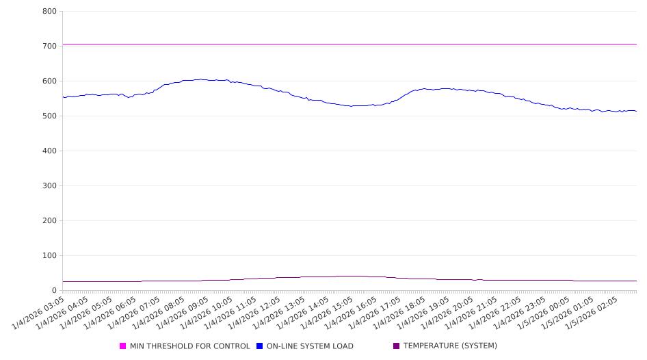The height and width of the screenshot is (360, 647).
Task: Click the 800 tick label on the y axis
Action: [49, 12]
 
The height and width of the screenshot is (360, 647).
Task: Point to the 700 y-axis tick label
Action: [49, 47]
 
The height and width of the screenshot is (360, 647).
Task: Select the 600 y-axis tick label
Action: [49, 81]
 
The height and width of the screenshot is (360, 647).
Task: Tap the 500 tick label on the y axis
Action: [49, 116]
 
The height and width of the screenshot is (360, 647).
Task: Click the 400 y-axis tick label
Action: [49, 151]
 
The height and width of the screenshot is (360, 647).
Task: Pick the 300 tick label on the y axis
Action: [49, 186]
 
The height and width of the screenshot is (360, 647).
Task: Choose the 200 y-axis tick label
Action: [49, 221]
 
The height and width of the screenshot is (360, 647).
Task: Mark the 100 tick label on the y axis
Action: [49, 256]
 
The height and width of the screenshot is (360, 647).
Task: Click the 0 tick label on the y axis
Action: [54, 291]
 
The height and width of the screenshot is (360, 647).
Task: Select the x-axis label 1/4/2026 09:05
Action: [184, 312]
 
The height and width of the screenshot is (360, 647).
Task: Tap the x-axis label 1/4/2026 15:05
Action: [328, 312]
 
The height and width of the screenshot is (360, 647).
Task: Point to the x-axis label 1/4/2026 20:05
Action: [447, 312]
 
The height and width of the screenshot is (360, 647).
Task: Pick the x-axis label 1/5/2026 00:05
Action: [543, 312]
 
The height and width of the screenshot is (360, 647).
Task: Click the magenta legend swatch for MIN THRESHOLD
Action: [123, 346]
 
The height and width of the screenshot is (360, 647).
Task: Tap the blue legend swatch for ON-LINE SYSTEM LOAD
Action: [260, 346]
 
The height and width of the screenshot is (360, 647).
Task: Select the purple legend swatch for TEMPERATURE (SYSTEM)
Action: [397, 346]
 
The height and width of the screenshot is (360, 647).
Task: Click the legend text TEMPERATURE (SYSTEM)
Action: [450, 346]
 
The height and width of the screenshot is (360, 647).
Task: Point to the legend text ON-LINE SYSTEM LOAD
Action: [310, 346]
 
